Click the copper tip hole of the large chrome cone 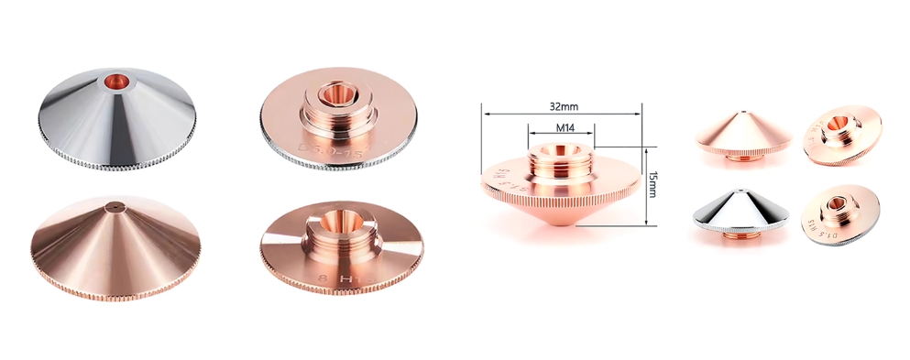pyautogui.click(x=117, y=80)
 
